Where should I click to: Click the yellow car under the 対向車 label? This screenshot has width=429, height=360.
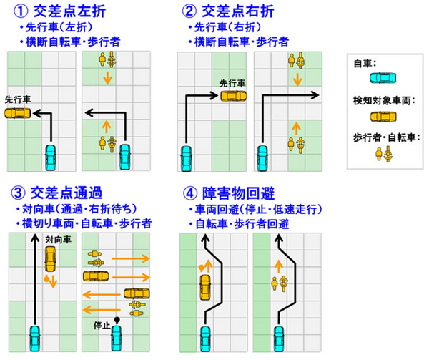pos(49,258)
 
